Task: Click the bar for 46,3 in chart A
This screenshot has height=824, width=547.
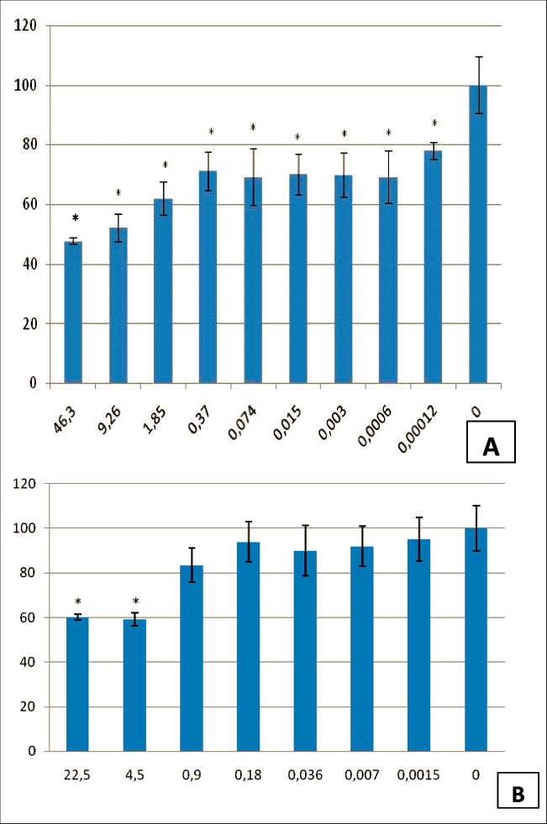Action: coord(73,312)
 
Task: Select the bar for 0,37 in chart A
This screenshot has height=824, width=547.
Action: coord(208,277)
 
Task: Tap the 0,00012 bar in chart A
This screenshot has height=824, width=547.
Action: coord(433,267)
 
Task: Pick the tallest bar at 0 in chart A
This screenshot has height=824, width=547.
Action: coord(477,234)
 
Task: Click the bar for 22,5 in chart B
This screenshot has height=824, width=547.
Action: coord(77,684)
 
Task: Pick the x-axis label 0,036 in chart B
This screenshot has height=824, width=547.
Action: coord(305,774)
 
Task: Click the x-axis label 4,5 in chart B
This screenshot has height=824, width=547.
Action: coord(134,774)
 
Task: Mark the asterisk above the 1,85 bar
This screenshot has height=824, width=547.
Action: coord(165,165)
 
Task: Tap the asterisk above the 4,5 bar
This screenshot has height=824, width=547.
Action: coord(134,602)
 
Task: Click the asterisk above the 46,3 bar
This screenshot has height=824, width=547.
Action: coord(75,218)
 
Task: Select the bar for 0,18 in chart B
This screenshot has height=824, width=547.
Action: coord(249,647)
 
